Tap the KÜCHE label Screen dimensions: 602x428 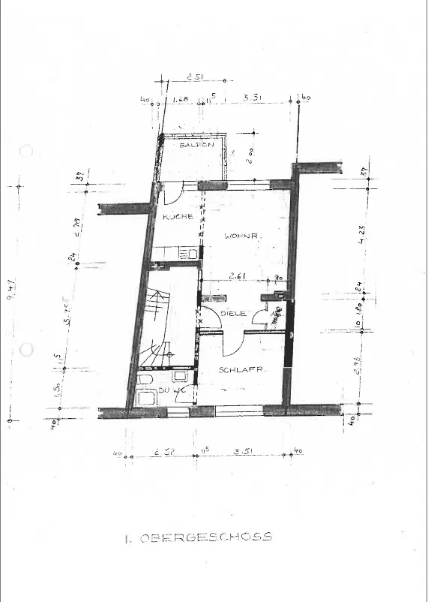178,216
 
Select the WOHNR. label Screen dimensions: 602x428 241,236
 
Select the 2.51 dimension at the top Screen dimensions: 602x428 196,77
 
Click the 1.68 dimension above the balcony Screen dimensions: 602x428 180,99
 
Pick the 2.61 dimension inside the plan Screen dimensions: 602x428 239,276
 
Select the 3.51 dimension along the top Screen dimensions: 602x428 253,98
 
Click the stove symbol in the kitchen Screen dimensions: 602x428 191,254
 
